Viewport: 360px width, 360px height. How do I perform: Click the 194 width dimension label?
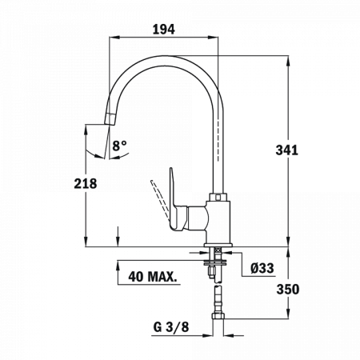point(164,30)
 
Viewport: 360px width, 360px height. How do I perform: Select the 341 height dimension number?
point(286,150)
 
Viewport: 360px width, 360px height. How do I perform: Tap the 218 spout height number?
point(86,184)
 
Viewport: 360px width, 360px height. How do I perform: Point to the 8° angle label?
point(119,146)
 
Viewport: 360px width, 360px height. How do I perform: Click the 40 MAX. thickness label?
point(153,277)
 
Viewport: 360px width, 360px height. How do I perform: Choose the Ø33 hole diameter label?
point(262,268)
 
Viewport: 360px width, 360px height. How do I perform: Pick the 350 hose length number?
point(288,290)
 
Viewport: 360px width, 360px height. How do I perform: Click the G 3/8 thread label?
point(171,327)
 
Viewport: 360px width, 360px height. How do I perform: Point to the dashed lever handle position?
point(160,201)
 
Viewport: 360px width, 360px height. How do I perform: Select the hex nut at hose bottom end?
point(218,316)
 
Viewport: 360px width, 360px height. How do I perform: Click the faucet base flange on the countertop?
point(218,245)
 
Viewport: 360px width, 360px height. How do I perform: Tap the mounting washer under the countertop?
point(215,262)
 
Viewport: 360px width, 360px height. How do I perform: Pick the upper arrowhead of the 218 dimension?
point(86,130)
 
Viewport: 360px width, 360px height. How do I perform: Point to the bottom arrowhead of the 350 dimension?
point(288,314)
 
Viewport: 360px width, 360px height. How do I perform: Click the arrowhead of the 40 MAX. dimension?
point(118,266)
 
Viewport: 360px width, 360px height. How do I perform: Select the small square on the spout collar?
point(218,197)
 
